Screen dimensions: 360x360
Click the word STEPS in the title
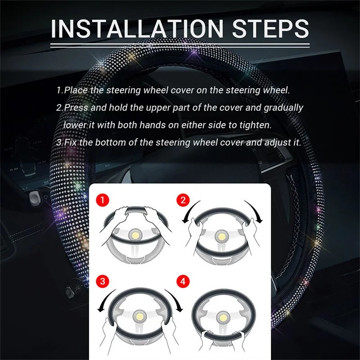270,29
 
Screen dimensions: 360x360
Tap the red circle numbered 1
103,200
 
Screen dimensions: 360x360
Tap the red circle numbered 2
183,200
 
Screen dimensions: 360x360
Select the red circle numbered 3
103,281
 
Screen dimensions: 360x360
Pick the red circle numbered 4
183,281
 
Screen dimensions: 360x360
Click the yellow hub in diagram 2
221,237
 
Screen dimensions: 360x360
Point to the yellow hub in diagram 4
223,318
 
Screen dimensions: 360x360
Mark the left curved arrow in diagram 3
104,299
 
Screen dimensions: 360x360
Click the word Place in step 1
76,90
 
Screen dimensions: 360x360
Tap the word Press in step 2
76,108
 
